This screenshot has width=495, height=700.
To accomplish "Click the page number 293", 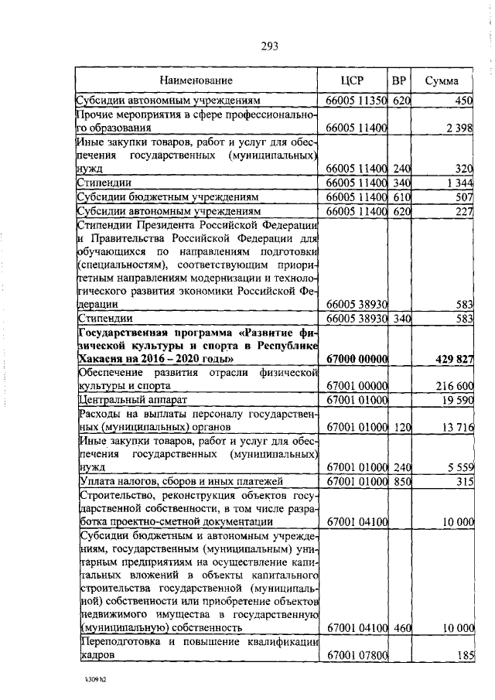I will [x=269, y=46].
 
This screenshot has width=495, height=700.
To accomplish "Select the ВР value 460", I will [x=400, y=628].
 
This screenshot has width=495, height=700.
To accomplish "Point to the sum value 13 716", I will [x=453, y=427].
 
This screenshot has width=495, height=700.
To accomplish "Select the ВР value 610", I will [x=400, y=196].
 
